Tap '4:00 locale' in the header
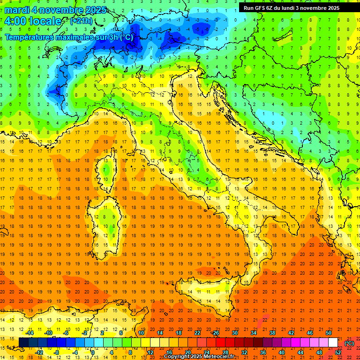(33, 21)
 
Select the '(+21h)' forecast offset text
(81, 21)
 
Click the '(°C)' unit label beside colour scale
(349, 343)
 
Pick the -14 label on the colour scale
(30, 333)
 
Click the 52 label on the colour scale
(338, 352)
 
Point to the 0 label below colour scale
(93, 352)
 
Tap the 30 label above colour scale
(234, 333)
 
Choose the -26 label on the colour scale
(215, 333)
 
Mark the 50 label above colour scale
(328, 333)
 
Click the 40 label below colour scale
(282, 352)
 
